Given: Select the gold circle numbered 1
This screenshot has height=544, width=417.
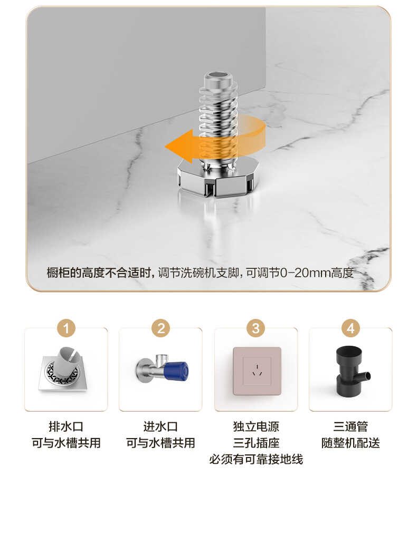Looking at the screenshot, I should pyautogui.click(x=66, y=328).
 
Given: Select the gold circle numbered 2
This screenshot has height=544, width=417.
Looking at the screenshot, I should pyautogui.click(x=160, y=328).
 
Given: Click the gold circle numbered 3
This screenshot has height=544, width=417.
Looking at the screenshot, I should pyautogui.click(x=255, y=328).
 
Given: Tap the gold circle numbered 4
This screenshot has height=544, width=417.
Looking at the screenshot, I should pyautogui.click(x=350, y=328).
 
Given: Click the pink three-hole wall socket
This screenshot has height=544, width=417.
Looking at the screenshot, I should pyautogui.click(x=257, y=371).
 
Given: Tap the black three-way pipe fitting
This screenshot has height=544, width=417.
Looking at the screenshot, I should pyautogui.click(x=349, y=371).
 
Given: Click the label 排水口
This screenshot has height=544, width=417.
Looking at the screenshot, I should pyautogui.click(x=66, y=426).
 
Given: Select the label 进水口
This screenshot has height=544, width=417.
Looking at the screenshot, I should pyautogui.click(x=160, y=426).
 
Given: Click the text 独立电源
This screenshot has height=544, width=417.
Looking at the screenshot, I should pyautogui.click(x=256, y=426).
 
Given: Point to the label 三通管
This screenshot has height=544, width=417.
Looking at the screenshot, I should pyautogui.click(x=350, y=426).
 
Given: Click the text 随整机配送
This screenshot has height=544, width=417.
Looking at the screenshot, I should pyautogui.click(x=350, y=443).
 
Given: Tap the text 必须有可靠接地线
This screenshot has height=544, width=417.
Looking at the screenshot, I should pyautogui.click(x=256, y=459).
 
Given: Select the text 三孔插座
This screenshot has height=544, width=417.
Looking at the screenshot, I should pyautogui.click(x=256, y=443).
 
